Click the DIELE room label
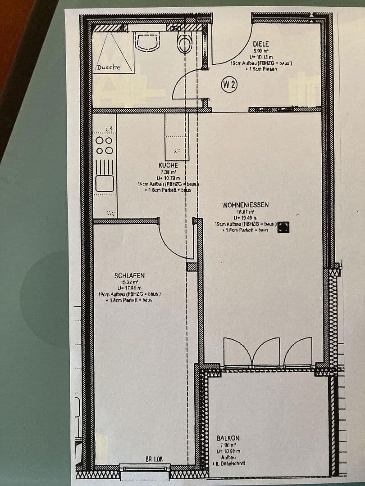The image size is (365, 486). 260,44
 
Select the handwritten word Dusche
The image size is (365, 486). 109,67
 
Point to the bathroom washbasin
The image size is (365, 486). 147,41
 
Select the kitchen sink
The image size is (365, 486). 105,183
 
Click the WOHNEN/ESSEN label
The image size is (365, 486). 245,205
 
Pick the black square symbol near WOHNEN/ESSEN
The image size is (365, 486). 283,227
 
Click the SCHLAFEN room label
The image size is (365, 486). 129,275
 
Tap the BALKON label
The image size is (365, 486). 228,438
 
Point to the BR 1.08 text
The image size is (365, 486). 154,459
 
